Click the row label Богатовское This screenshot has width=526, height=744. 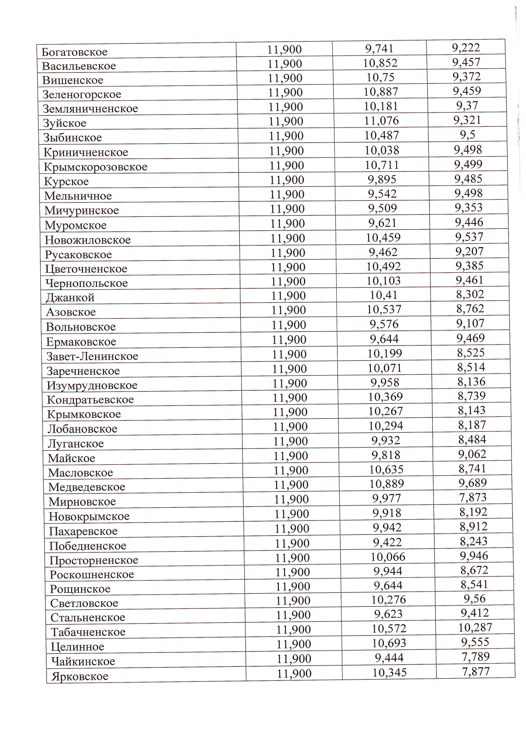click(75, 52)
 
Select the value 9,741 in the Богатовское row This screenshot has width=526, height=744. click(380, 49)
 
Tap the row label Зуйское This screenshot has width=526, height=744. click(65, 123)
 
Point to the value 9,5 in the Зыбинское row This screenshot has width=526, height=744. click(467, 135)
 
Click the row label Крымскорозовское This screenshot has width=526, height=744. click(96, 167)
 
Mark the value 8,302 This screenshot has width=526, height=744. click(470, 294)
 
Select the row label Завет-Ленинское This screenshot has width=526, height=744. click(92, 356)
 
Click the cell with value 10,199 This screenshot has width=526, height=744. click(385, 353)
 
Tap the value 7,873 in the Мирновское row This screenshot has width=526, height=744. click(473, 498)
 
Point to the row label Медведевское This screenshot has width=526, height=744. click(87, 487)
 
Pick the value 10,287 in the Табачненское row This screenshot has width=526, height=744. click(475, 627)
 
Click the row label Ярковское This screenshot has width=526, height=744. click(80, 676)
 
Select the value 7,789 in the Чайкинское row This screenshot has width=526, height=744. click(476, 657)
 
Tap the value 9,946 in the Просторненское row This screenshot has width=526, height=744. click(474, 556)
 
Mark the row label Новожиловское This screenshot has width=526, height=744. click(88, 240)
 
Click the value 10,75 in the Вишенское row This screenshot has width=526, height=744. click(380, 78)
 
